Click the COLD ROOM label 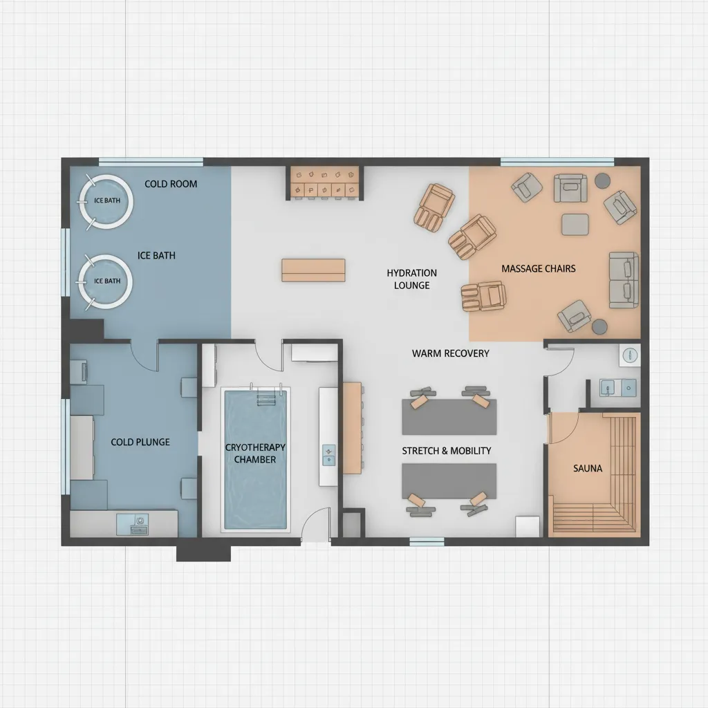[x=171, y=184]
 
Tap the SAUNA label [x=588, y=468]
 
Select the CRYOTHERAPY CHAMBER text [x=255, y=454]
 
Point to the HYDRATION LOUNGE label [x=411, y=279]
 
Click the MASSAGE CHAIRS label [x=538, y=268]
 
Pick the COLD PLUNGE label [x=140, y=442]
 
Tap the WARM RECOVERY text [x=450, y=353]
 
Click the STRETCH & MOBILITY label [x=447, y=451]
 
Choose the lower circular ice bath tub [x=106, y=281]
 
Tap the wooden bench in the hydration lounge [x=313, y=270]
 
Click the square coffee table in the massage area [x=575, y=224]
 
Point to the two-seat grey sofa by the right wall [x=623, y=279]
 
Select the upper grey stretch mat [x=449, y=416]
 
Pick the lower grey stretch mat [x=449, y=481]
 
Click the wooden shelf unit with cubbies [x=324, y=183]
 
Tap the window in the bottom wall [x=427, y=542]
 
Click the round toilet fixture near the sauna [x=630, y=355]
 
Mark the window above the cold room [x=151, y=162]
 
